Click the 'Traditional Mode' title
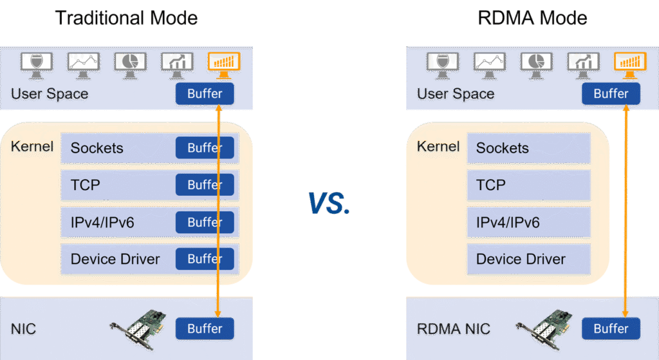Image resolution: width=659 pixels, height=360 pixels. pyautogui.click(x=126, y=18)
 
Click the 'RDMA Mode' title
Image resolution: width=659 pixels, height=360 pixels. pyautogui.click(x=532, y=18)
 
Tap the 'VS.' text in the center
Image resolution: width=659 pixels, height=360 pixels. pyautogui.click(x=329, y=203)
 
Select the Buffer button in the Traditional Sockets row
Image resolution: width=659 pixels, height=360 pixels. pyautogui.click(x=205, y=148)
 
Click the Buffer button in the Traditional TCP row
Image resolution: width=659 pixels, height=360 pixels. pyautogui.click(x=205, y=185)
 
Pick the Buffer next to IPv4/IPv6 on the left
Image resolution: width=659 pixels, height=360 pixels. pyautogui.click(x=205, y=222)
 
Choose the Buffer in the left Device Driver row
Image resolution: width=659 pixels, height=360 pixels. pyautogui.click(x=205, y=259)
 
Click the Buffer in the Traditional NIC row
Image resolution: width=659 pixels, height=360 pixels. pyautogui.click(x=205, y=329)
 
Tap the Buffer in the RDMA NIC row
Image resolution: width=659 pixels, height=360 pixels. pyautogui.click(x=611, y=329)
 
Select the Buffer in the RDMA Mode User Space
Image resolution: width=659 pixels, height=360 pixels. pyautogui.click(x=611, y=94)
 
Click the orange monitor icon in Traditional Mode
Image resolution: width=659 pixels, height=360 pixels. pyautogui.click(x=223, y=62)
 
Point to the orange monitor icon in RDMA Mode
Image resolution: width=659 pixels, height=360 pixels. pyautogui.click(x=629, y=62)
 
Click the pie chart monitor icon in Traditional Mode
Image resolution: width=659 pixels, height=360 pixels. pyautogui.click(x=131, y=62)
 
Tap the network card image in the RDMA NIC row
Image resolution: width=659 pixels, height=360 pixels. pyautogui.click(x=544, y=328)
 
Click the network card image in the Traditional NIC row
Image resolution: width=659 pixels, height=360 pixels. pyautogui.click(x=138, y=328)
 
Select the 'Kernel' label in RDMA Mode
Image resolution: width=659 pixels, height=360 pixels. pyautogui.click(x=438, y=147)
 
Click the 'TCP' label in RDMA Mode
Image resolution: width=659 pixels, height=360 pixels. pyautogui.click(x=490, y=185)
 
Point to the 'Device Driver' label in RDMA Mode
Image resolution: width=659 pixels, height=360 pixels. pyautogui.click(x=521, y=260)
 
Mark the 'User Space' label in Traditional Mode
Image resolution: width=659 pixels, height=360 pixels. pyautogui.click(x=50, y=94)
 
